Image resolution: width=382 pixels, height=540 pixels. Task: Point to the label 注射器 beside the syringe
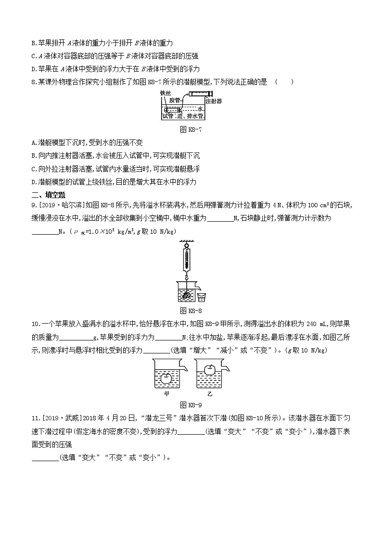213,101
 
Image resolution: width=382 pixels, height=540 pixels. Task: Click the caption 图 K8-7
191,129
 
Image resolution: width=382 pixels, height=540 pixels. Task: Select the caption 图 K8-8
191,310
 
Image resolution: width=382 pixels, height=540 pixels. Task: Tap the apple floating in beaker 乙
210,370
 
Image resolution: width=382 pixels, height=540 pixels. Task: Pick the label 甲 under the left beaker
166,393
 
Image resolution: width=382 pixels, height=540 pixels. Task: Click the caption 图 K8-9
191,404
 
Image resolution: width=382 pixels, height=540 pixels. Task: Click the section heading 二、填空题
48,195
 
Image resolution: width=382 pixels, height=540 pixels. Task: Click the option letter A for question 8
33,143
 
